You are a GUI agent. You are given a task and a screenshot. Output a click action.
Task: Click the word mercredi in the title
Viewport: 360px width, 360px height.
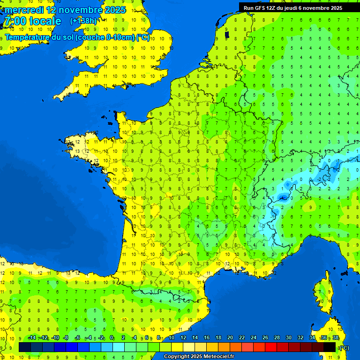coord(24,10)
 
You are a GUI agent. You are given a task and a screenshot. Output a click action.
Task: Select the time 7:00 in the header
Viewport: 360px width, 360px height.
coord(15,21)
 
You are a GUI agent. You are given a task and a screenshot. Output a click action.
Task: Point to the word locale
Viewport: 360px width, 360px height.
coord(45,21)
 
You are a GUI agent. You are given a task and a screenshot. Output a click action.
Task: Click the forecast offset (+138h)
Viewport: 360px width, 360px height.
coord(83,21)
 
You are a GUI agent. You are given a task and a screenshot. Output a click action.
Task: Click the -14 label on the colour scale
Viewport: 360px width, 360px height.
coord(32,337)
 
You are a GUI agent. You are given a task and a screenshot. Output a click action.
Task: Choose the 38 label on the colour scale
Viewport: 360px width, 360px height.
coord(335,337)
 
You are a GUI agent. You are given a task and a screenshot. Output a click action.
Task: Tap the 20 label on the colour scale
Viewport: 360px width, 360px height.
coord(230,337)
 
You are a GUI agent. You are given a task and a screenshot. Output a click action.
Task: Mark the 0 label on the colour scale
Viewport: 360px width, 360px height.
coord(112,337)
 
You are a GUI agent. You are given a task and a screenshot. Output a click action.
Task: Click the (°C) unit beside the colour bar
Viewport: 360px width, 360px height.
coord(344,347)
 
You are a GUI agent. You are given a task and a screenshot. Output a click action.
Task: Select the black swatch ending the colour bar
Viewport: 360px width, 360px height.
coord(330,347)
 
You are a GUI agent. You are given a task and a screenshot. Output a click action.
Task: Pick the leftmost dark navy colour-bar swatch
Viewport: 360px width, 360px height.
coord(25,347)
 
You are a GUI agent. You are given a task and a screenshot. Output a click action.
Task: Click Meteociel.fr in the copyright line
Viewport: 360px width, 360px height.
coord(216,357)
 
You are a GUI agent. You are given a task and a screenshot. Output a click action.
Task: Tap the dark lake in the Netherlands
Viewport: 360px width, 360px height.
coord(227,34)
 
